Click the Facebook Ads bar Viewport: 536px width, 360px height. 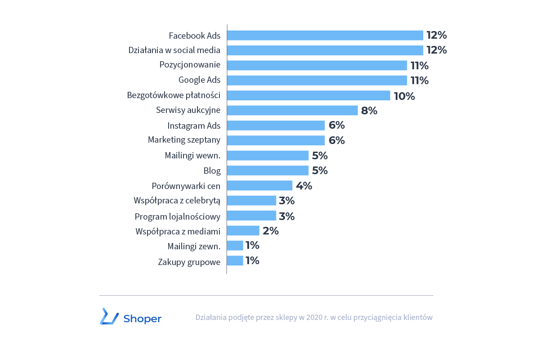pyautogui.click(x=325, y=36)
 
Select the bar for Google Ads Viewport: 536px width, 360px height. pyautogui.click(x=317, y=81)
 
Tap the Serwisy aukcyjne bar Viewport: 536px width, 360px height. pyautogui.click(x=292, y=110)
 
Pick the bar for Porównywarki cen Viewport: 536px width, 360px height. pyautogui.click(x=260, y=185)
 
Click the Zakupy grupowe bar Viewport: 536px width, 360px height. pyautogui.click(x=235, y=261)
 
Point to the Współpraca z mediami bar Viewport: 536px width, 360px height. pyautogui.click(x=243, y=231)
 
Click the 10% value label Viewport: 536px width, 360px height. pyautogui.click(x=404, y=96)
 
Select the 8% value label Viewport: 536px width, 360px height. pyautogui.click(x=369, y=111)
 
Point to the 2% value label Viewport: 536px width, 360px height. pyautogui.click(x=271, y=231)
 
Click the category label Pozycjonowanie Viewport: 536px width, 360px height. pyautogui.click(x=190, y=65)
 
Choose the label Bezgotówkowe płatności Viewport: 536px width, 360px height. pyautogui.click(x=174, y=95)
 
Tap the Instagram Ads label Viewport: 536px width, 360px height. pyautogui.click(x=194, y=126)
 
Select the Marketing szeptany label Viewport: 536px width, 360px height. pyautogui.click(x=184, y=140)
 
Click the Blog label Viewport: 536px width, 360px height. pyautogui.click(x=212, y=171)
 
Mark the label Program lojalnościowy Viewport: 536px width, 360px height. pyautogui.click(x=178, y=216)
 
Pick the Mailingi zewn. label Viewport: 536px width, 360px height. pyautogui.click(x=194, y=247)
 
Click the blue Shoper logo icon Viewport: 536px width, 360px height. pyautogui.click(x=109, y=316)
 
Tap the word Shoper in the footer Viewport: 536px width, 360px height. pyautogui.click(x=142, y=319)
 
